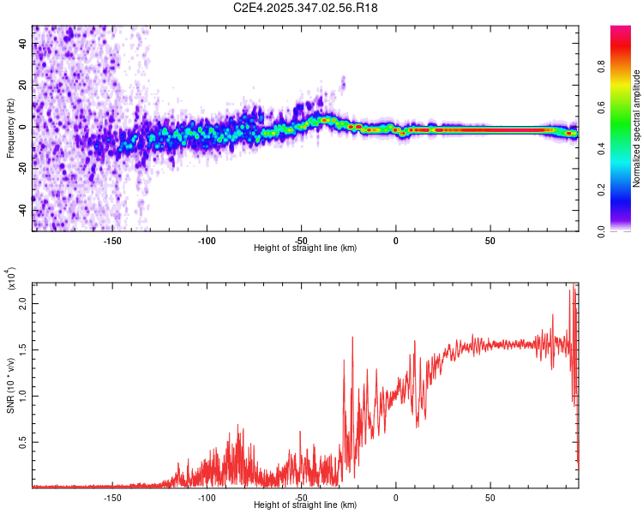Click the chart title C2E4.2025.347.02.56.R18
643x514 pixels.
point(306,8)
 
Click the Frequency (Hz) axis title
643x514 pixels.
point(10,128)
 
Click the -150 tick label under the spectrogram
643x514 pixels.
point(112,241)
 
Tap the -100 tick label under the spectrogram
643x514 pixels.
point(207,241)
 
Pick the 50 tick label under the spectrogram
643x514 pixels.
point(490,241)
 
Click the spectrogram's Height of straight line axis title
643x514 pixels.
point(305,248)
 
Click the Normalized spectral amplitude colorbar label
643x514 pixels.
point(637,128)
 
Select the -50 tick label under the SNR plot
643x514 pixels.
point(301,498)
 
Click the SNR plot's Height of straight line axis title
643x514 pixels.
point(305,505)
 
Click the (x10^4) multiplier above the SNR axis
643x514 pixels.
point(11,278)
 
